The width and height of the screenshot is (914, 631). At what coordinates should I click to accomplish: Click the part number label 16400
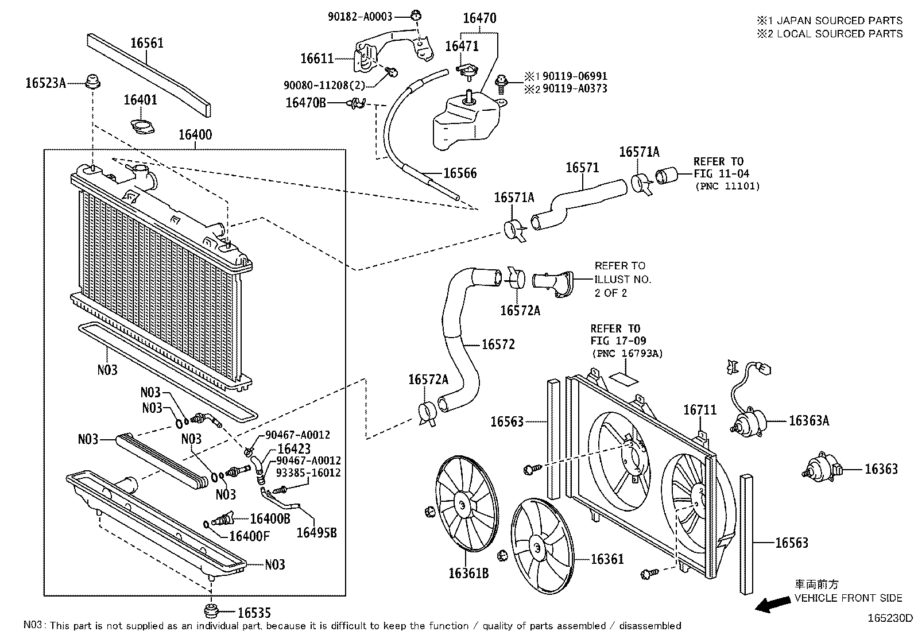coord(195,135)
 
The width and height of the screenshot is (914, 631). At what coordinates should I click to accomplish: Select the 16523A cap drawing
coord(92,82)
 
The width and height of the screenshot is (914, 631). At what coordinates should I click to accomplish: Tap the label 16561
coord(146,43)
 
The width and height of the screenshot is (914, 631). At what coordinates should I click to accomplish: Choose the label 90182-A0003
coord(360,17)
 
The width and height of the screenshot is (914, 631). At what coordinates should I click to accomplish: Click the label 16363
coord(881,469)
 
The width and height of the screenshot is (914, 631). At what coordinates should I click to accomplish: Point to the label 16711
coord(700,410)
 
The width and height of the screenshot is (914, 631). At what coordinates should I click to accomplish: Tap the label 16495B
coord(316,533)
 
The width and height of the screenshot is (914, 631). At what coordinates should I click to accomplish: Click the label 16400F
coord(249,536)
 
